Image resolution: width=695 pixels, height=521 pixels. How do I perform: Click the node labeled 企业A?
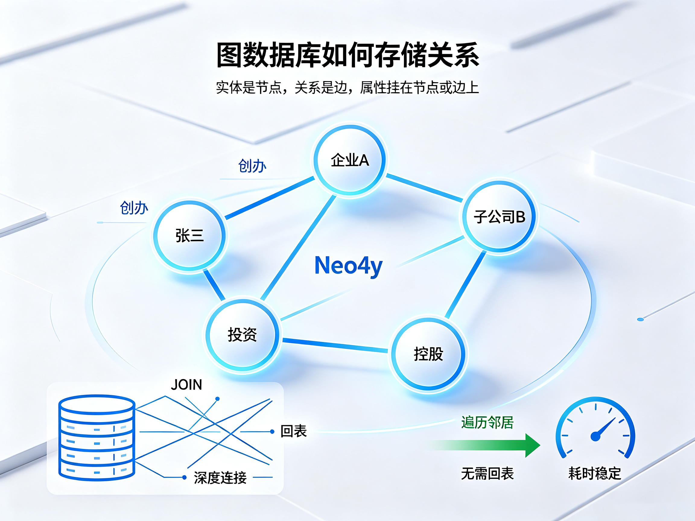point(350,160)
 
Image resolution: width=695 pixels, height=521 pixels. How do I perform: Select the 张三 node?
point(189,235)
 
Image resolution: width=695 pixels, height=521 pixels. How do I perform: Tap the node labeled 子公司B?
point(499,216)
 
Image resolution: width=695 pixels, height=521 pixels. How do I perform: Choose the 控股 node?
point(428,354)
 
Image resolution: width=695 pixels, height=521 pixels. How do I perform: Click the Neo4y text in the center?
point(348,266)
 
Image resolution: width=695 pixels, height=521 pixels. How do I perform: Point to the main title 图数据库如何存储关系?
point(347,55)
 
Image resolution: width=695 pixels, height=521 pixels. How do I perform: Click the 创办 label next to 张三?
point(134,208)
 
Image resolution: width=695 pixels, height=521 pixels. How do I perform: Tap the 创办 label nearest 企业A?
point(252,166)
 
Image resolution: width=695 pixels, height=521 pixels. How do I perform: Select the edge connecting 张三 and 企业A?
point(270,198)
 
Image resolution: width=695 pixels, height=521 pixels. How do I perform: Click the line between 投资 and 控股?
point(335,345)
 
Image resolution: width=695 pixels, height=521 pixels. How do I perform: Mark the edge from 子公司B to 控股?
point(465,285)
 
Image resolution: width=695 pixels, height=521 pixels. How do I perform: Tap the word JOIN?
point(186,385)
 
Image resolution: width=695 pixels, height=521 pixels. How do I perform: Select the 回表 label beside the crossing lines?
point(294,431)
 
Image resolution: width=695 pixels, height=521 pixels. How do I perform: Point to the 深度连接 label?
point(220,478)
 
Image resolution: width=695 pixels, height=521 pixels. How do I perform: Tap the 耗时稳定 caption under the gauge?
point(595,474)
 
